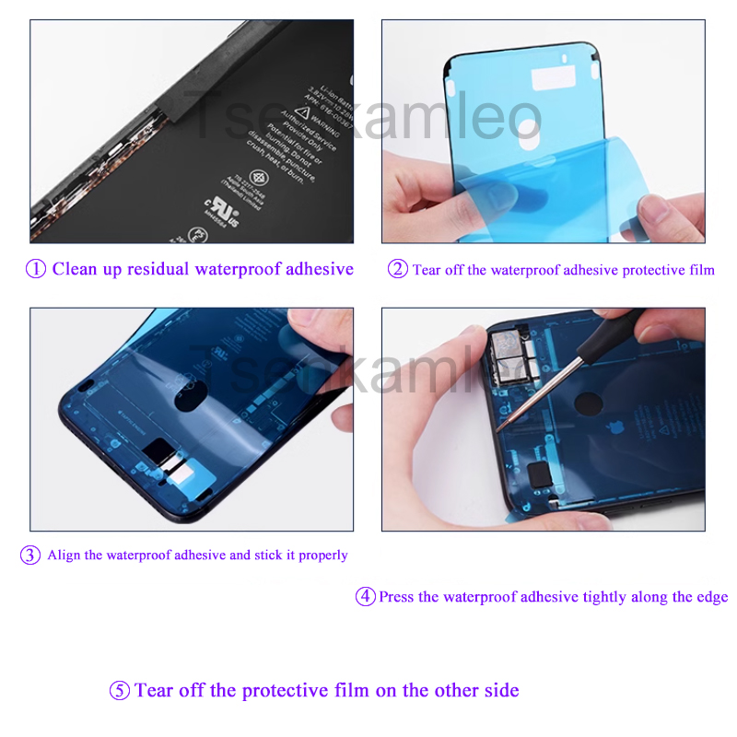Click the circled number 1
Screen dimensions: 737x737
click(x=36, y=269)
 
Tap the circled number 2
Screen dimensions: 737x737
click(x=397, y=269)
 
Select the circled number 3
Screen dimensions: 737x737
click(x=31, y=556)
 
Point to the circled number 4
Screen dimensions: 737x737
click(x=366, y=597)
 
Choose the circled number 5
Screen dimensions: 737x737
click(x=120, y=691)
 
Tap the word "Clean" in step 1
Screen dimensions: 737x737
click(x=74, y=269)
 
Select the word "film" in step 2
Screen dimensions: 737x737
click(x=700, y=270)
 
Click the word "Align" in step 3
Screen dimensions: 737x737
click(x=64, y=556)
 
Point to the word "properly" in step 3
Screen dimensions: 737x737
click(x=323, y=556)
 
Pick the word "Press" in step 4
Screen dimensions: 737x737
click(x=396, y=597)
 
